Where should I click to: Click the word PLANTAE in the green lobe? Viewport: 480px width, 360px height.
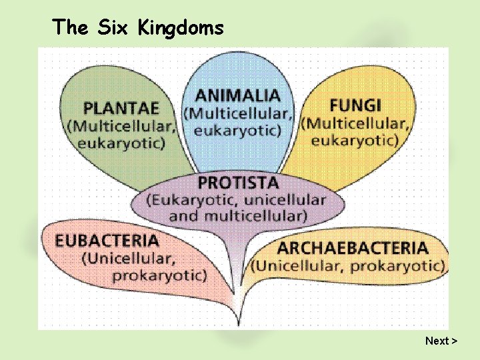(121, 108)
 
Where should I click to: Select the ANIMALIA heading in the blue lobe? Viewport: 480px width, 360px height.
(237, 96)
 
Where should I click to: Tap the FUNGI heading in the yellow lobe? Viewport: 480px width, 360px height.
(355, 105)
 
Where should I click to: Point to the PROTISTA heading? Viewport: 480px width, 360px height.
(238, 182)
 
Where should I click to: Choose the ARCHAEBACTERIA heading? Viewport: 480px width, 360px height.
(353, 249)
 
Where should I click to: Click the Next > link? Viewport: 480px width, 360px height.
(441, 341)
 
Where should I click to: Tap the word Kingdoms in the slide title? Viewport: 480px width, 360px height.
(181, 27)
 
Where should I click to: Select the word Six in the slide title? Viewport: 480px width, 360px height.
(113, 27)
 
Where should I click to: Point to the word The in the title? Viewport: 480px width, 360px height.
(70, 27)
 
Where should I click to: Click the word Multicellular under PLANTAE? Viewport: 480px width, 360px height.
(124, 125)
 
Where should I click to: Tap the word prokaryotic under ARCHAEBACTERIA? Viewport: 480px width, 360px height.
(397, 266)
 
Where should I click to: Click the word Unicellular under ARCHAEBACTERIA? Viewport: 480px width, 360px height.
(298, 266)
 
